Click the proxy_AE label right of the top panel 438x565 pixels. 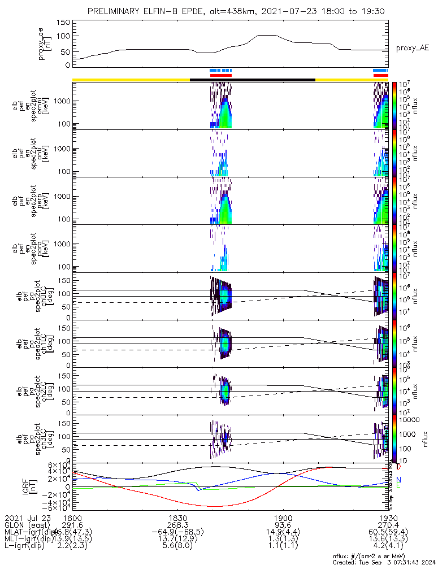coord(411,48)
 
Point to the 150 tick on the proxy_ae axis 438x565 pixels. coord(63,22)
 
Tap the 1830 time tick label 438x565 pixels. coord(177,518)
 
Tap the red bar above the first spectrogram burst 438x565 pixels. coord(220,75)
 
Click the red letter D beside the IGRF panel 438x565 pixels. coord(399,468)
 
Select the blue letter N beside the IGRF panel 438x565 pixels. coord(399,480)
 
